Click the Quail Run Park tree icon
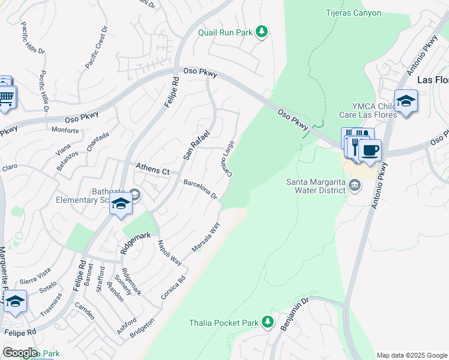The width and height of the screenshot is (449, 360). [261, 31]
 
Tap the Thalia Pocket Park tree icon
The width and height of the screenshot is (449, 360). [268, 322]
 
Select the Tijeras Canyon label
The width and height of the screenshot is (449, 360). [353, 13]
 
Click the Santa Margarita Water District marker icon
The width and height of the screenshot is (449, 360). [354, 186]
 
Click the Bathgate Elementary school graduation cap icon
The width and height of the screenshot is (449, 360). [121, 205]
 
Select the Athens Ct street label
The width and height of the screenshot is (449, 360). [154, 169]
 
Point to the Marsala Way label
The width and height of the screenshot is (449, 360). [206, 238]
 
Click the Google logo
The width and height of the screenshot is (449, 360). [20, 352]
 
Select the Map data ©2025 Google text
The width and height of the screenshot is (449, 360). [411, 355]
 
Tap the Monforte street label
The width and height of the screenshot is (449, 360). [65, 130]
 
